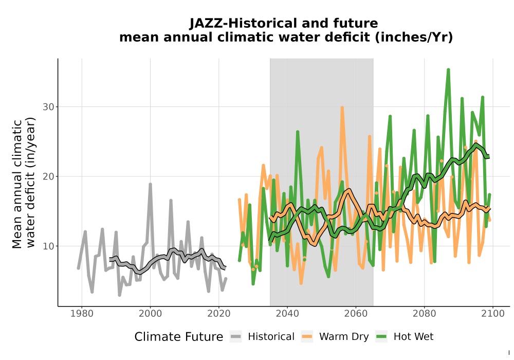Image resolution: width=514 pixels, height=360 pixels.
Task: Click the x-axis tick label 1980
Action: click(x=82, y=314)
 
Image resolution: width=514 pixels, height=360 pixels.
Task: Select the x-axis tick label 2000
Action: click(x=150, y=314)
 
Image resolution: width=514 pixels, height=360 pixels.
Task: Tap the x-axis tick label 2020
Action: click(x=218, y=314)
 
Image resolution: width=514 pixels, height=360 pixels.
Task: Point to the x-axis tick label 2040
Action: click(x=287, y=314)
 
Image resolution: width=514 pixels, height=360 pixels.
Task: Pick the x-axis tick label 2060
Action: click(x=356, y=314)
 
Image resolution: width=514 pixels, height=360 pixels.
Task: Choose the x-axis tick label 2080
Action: click(x=424, y=314)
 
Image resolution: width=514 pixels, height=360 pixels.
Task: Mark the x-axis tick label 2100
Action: click(x=493, y=314)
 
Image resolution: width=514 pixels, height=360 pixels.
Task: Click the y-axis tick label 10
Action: click(x=48, y=246)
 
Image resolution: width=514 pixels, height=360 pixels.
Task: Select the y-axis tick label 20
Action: click(x=48, y=176)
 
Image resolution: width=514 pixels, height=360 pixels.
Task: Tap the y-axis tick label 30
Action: click(x=48, y=107)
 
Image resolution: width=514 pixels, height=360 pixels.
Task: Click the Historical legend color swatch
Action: click(x=236, y=336)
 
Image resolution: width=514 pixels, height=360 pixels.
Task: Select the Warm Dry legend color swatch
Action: click(x=307, y=336)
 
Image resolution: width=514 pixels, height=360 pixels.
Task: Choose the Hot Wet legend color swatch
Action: click(x=381, y=336)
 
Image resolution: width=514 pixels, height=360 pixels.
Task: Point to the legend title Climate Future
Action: click(x=179, y=337)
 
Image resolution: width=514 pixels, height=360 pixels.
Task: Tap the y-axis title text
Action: click(x=24, y=184)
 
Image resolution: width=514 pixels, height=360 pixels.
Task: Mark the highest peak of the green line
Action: click(x=448, y=70)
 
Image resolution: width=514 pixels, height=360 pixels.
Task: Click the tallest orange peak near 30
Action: click(x=342, y=107)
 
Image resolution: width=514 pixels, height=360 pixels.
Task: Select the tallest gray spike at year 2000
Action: click(x=150, y=184)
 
